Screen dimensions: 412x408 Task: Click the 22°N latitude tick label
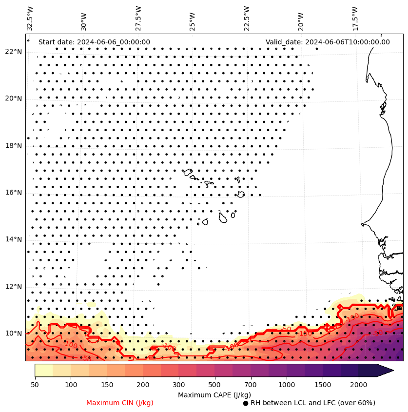[x=13, y=52]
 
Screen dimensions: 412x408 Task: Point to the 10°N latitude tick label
[x=13, y=334]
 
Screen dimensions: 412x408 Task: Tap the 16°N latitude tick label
[x=13, y=193]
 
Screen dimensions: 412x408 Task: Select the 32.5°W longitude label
[x=31, y=18]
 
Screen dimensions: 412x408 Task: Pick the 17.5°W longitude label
[x=355, y=18]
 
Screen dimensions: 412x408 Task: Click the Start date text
[x=94, y=42]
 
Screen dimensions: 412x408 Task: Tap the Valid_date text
[x=328, y=42]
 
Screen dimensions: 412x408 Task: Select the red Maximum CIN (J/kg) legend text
[x=120, y=403]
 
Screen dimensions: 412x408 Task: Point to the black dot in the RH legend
[x=246, y=403]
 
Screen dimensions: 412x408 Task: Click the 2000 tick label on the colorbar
[x=358, y=385]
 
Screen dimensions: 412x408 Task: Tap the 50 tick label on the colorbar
[x=35, y=385]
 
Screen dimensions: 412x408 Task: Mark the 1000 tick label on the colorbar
[x=287, y=385]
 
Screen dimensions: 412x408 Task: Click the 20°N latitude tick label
[x=13, y=98]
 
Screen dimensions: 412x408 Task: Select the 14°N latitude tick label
[x=13, y=239]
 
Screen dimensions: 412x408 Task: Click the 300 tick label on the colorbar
[x=178, y=385]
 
